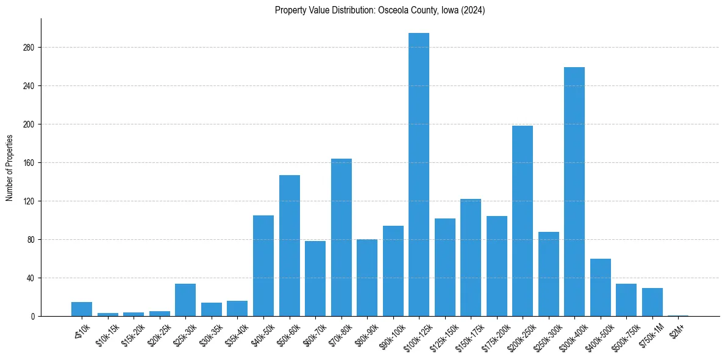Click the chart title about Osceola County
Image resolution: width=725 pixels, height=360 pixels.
(x=380, y=10)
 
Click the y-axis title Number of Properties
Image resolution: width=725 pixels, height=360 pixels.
(x=10, y=168)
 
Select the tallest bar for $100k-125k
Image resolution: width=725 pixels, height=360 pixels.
(x=419, y=175)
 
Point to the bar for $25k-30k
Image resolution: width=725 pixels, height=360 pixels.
(x=185, y=300)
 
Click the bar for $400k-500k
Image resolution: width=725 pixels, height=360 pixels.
(x=601, y=287)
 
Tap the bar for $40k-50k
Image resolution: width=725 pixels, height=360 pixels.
(x=263, y=265)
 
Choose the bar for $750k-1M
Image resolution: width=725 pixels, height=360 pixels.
(x=652, y=302)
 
